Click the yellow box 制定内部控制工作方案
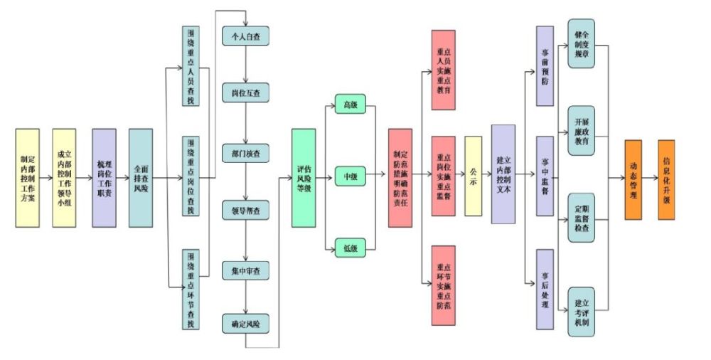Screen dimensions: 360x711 click(x=27, y=178)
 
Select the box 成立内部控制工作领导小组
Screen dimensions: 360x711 click(x=64, y=178)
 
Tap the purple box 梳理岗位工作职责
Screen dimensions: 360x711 click(x=104, y=178)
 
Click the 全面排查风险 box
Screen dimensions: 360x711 click(x=141, y=178)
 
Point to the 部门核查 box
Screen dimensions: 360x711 click(x=246, y=152)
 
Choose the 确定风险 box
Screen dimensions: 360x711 click(x=246, y=324)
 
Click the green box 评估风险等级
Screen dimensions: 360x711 click(x=304, y=178)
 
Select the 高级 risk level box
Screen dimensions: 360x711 click(x=350, y=105)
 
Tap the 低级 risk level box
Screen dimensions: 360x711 click(x=350, y=248)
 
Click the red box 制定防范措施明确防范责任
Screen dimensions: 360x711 click(x=400, y=178)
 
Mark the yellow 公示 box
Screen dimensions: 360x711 click(x=474, y=176)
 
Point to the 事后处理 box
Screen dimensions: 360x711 click(x=545, y=289)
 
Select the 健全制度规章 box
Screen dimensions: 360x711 click(x=581, y=44)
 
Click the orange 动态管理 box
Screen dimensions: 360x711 click(x=633, y=179)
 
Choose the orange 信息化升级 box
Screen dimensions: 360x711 click(x=666, y=179)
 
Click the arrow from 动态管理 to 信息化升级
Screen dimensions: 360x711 click(x=650, y=179)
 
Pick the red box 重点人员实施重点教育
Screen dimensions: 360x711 click(x=443, y=70)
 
